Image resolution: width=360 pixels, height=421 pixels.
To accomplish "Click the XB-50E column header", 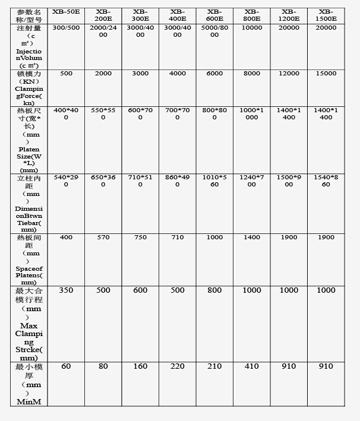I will click(66, 11).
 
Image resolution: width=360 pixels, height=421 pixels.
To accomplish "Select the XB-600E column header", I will click(214, 15).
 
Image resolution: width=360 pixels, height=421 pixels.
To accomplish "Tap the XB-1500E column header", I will click(326, 15).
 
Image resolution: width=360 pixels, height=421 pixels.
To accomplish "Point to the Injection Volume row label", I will click(29, 47).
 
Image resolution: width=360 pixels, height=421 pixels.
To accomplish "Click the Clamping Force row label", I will click(29, 88).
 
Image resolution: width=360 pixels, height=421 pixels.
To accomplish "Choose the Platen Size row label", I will click(29, 140).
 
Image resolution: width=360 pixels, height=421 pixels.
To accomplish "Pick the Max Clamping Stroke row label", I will click(29, 324).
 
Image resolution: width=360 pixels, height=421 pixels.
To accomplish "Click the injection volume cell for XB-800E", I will click(252, 28).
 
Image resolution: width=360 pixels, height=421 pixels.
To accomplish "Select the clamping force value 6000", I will click(214, 74).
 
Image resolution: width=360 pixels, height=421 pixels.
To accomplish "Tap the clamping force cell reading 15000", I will click(326, 74).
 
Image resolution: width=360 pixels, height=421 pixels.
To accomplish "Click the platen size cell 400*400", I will click(66, 113).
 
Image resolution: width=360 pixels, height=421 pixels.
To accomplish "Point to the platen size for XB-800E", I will click(252, 113).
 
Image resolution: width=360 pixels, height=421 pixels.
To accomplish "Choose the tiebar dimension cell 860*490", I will click(177, 181).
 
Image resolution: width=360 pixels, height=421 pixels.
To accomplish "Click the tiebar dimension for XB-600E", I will click(214, 181).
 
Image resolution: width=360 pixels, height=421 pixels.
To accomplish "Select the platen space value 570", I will click(103, 238).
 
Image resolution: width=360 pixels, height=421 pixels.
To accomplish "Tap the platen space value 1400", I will click(252, 238).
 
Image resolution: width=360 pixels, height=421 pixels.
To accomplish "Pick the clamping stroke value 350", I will click(66, 290).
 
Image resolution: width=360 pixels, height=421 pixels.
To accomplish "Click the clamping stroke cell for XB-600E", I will click(214, 290).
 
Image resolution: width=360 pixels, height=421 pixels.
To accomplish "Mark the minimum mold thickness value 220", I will click(177, 366).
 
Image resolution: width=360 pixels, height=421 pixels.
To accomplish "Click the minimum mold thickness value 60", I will click(66, 366).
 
